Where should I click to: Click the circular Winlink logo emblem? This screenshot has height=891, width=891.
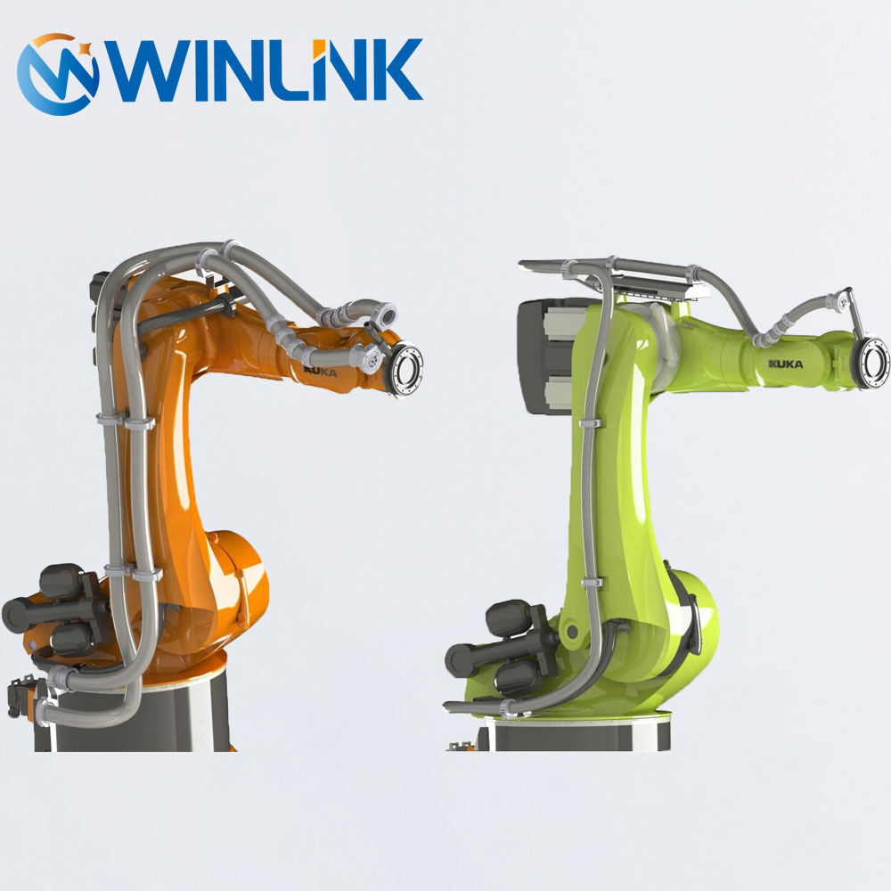57,74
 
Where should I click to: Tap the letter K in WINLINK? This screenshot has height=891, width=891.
394,69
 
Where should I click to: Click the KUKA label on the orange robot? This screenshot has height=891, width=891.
320,371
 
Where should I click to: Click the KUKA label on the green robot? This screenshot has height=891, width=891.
786,364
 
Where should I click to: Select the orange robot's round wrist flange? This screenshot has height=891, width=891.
405,370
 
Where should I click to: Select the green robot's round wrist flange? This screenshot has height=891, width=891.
873,363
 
